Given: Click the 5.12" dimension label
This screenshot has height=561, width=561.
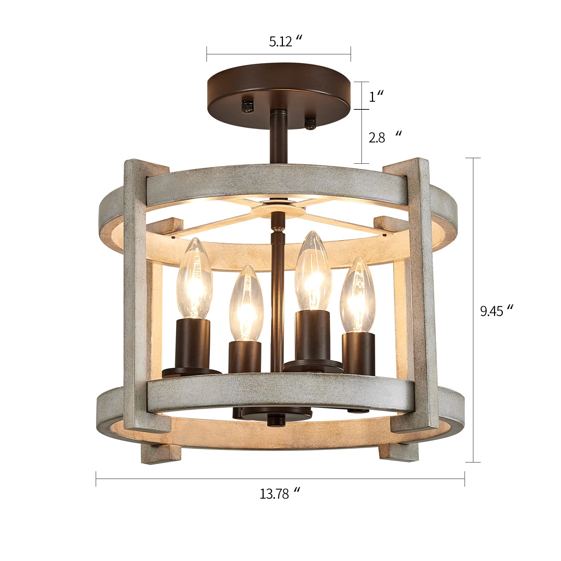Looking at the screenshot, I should tap(285, 42).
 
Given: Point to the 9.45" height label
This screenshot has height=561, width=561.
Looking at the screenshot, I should tap(496, 311).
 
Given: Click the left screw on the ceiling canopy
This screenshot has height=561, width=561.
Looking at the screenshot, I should tap(248, 106).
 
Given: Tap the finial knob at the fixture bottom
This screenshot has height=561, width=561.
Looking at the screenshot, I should tap(274, 420).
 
